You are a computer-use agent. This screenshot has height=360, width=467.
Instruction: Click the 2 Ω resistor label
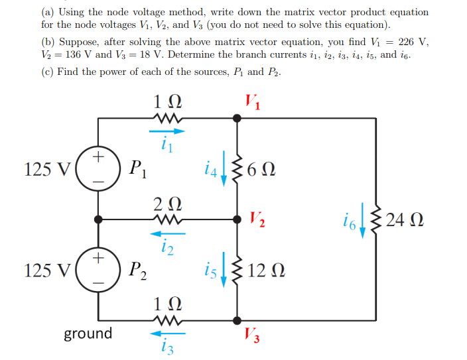[165, 202]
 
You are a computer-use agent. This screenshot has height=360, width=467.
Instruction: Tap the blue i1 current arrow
[164, 131]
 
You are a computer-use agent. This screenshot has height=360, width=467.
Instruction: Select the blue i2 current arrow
[164, 233]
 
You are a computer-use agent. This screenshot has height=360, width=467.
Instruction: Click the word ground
[88, 333]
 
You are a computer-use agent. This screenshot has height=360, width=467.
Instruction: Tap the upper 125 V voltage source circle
[98, 169]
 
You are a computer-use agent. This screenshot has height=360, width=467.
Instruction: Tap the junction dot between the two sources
[98, 218]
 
